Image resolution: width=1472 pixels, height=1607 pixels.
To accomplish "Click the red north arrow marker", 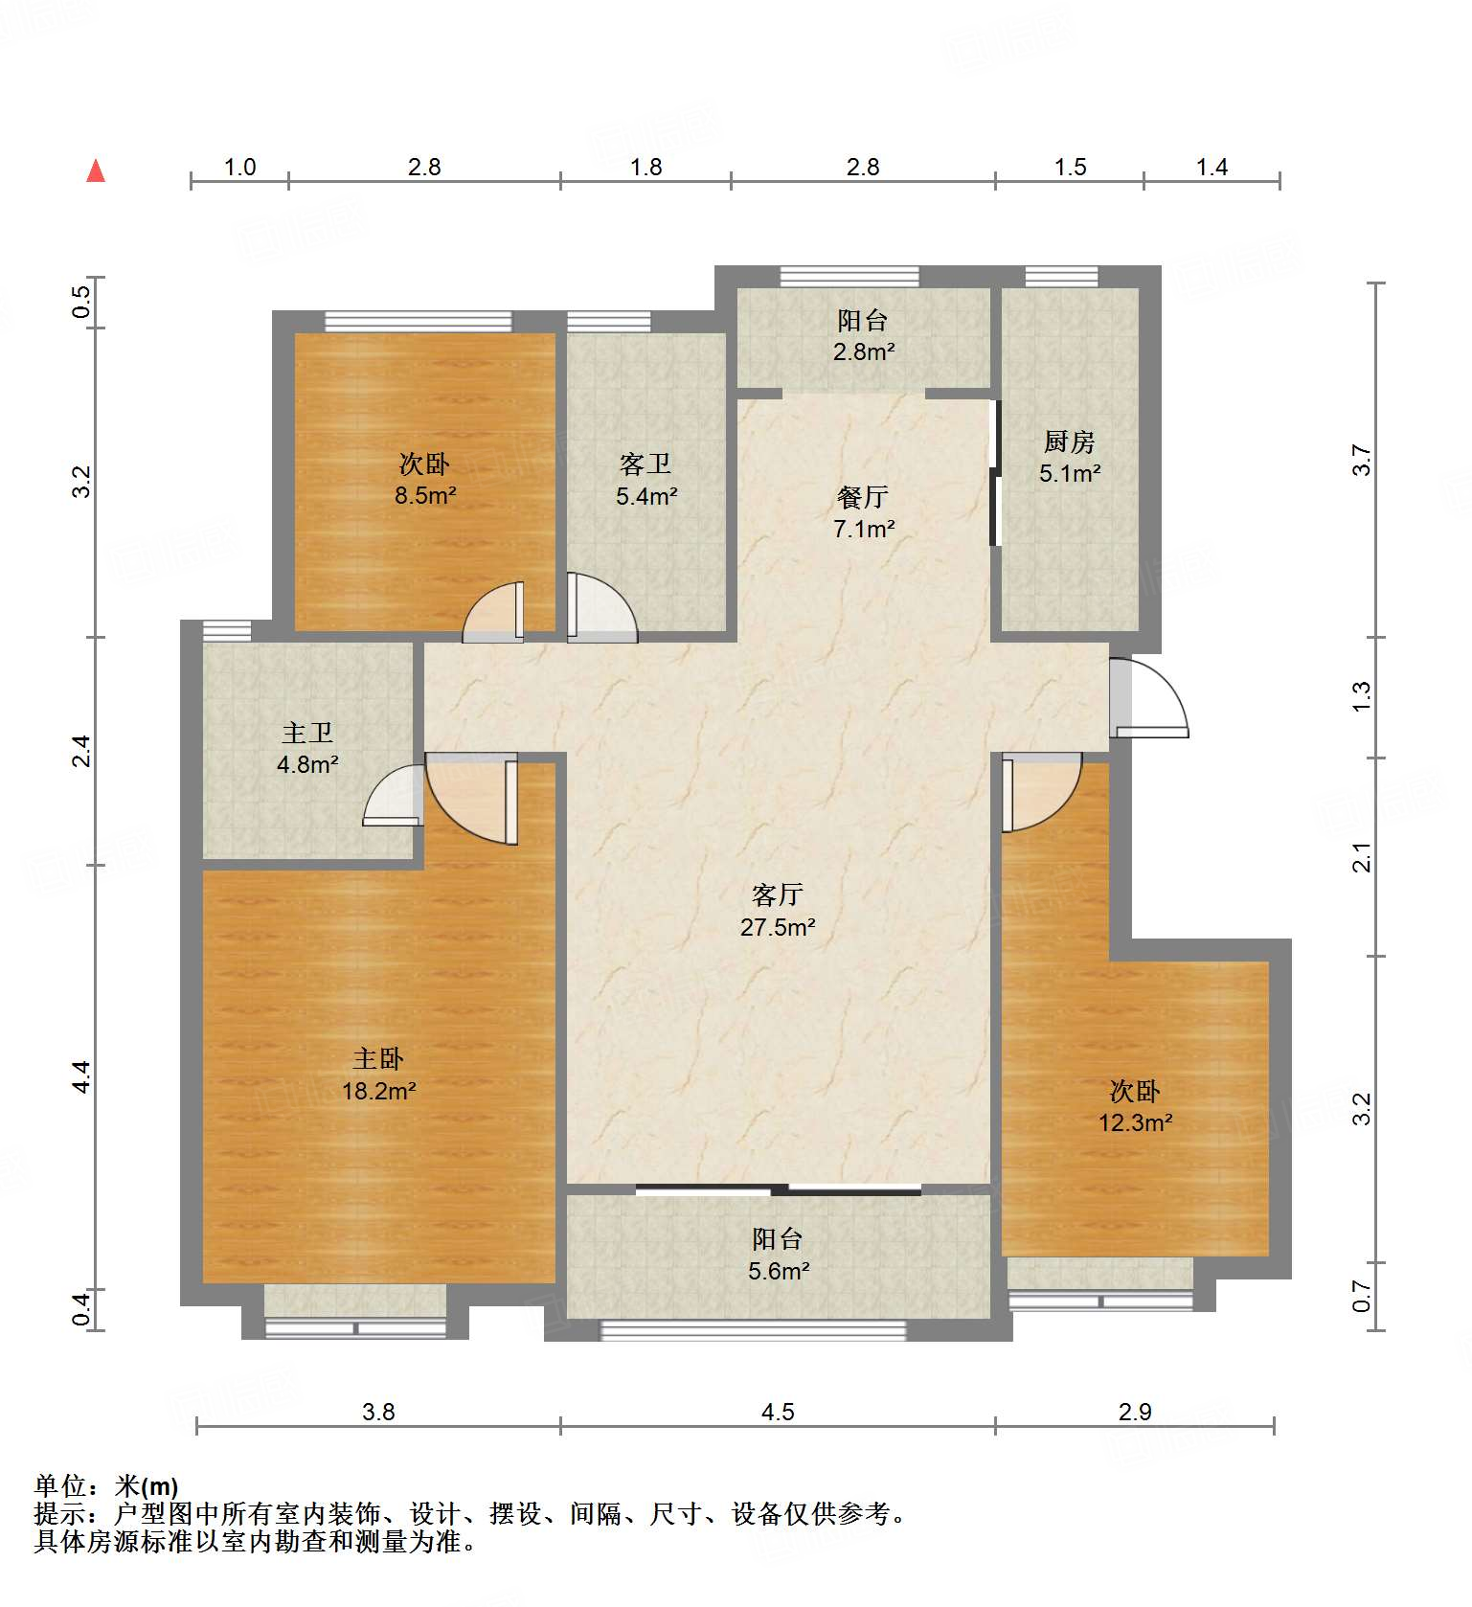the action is (96, 170).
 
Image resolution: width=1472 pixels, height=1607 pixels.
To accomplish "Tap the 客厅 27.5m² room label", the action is (778, 911).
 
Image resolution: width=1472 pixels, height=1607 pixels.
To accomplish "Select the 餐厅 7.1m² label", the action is (864, 512).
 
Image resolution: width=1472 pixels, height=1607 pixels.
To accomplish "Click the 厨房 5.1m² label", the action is (1070, 457).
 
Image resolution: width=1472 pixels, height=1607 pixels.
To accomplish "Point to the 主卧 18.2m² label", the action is (378, 1075).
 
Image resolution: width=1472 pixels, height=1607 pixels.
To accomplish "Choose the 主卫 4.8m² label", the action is (307, 749).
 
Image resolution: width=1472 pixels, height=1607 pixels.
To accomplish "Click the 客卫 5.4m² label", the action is (646, 480).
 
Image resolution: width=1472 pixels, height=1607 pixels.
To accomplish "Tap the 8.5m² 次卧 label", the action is (425, 480).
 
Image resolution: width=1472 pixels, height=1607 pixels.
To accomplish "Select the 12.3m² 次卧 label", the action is (1135, 1106).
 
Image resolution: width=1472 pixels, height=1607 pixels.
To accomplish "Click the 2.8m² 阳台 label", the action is (864, 335).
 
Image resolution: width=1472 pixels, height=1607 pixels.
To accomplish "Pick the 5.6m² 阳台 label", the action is (778, 1255).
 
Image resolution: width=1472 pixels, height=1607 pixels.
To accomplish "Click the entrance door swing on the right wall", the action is (1149, 697).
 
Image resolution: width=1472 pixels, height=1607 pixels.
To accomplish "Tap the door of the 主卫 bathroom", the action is (394, 795).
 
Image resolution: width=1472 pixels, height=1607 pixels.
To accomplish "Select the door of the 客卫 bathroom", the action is (601, 607).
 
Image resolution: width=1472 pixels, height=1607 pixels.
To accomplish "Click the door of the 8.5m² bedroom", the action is (493, 612).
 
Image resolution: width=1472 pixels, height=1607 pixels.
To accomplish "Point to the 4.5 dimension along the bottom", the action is (778, 1412).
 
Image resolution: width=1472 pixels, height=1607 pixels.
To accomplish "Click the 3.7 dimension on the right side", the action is (1362, 461).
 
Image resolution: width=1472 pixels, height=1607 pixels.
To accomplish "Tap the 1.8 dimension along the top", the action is (646, 167).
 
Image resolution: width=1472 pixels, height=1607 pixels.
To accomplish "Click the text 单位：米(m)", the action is (106, 1485).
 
